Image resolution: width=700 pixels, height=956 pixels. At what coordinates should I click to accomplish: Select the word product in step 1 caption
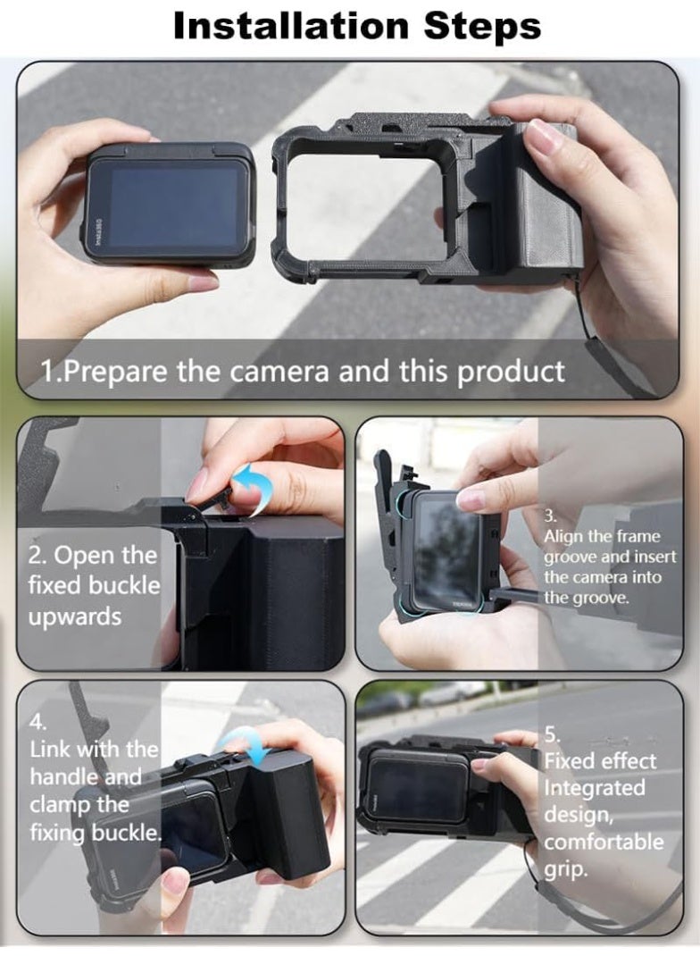coord(512,370)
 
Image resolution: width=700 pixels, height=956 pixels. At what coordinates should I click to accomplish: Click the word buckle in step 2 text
coord(130,586)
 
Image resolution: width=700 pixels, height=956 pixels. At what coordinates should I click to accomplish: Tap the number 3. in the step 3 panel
coord(551,516)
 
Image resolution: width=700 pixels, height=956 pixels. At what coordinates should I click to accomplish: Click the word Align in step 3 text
coord(564,536)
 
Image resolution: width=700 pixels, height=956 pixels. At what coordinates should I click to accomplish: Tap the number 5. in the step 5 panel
coord(553,734)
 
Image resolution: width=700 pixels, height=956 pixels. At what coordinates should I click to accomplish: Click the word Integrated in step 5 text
coord(594,788)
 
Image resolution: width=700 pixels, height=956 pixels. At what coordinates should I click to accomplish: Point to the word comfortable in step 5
coord(604,842)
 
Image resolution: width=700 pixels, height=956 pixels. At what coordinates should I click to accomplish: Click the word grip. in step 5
coord(567,868)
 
